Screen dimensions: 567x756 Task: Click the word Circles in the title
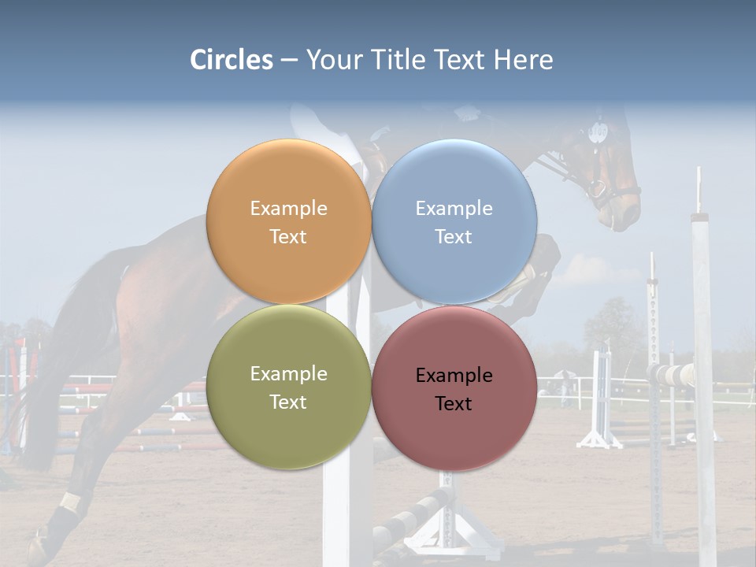[232, 60]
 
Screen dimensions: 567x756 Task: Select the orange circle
[288, 221]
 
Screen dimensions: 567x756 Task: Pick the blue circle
[454, 221]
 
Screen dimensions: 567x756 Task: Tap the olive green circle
[288, 387]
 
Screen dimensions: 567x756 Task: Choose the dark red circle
[454, 388]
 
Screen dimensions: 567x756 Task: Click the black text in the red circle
[454, 389]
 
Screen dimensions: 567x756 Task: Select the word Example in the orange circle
[288, 208]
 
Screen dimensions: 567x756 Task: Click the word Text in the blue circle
[454, 236]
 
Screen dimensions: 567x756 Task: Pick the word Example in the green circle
[288, 373]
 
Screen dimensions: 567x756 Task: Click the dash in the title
[288, 60]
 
